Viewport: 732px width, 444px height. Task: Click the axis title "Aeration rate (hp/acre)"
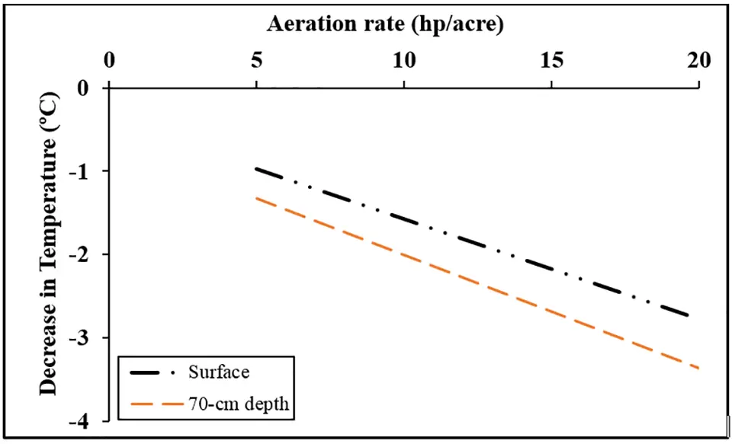(x=385, y=24)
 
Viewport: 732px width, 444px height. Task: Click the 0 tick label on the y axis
(x=85, y=88)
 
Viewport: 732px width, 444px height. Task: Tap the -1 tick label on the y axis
(x=81, y=171)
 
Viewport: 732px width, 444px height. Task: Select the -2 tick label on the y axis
(x=81, y=254)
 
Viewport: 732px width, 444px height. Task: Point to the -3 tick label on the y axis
(x=81, y=337)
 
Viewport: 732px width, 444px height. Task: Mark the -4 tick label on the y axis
(x=81, y=420)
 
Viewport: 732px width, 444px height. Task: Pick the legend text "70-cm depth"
(x=238, y=404)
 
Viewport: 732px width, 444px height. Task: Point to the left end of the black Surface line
(x=257, y=168)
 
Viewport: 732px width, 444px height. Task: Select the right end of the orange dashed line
(x=698, y=368)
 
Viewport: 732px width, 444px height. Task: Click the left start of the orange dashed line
(x=257, y=198)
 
